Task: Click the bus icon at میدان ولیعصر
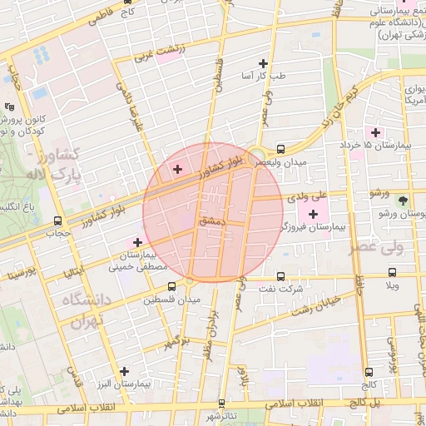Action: tap(280, 150)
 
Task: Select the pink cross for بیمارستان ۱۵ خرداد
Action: tap(374, 132)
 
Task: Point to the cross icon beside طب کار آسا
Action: tap(264, 63)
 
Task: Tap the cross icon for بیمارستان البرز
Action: tap(124, 371)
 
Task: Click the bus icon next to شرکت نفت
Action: tap(280, 275)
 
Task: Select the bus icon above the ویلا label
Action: tap(392, 273)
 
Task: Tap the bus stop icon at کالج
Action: tap(369, 372)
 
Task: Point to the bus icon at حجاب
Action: tap(57, 221)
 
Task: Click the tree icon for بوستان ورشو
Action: tap(404, 201)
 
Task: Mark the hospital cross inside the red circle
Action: tap(176, 170)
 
